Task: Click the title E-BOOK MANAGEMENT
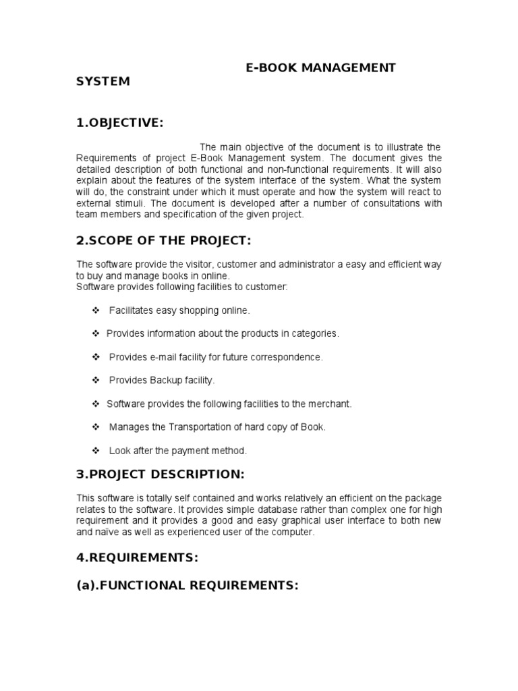pos(320,67)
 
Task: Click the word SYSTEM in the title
pos(103,82)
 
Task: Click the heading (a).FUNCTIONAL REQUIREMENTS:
pos(187,586)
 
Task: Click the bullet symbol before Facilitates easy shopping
pos(95,310)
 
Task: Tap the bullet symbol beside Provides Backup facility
pos(95,381)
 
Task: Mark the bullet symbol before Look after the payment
pos(95,450)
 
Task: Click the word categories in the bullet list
pos(315,333)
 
